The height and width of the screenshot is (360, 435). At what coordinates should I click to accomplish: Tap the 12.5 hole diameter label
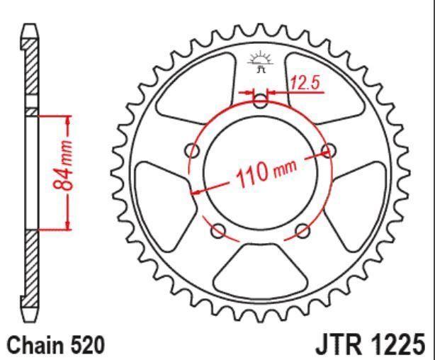tap(305, 83)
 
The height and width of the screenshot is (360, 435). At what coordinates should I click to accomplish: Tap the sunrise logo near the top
tap(260, 62)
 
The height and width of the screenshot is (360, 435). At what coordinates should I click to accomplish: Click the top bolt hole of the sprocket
tap(261, 101)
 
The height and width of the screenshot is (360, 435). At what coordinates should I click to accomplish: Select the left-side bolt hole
tap(192, 151)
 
